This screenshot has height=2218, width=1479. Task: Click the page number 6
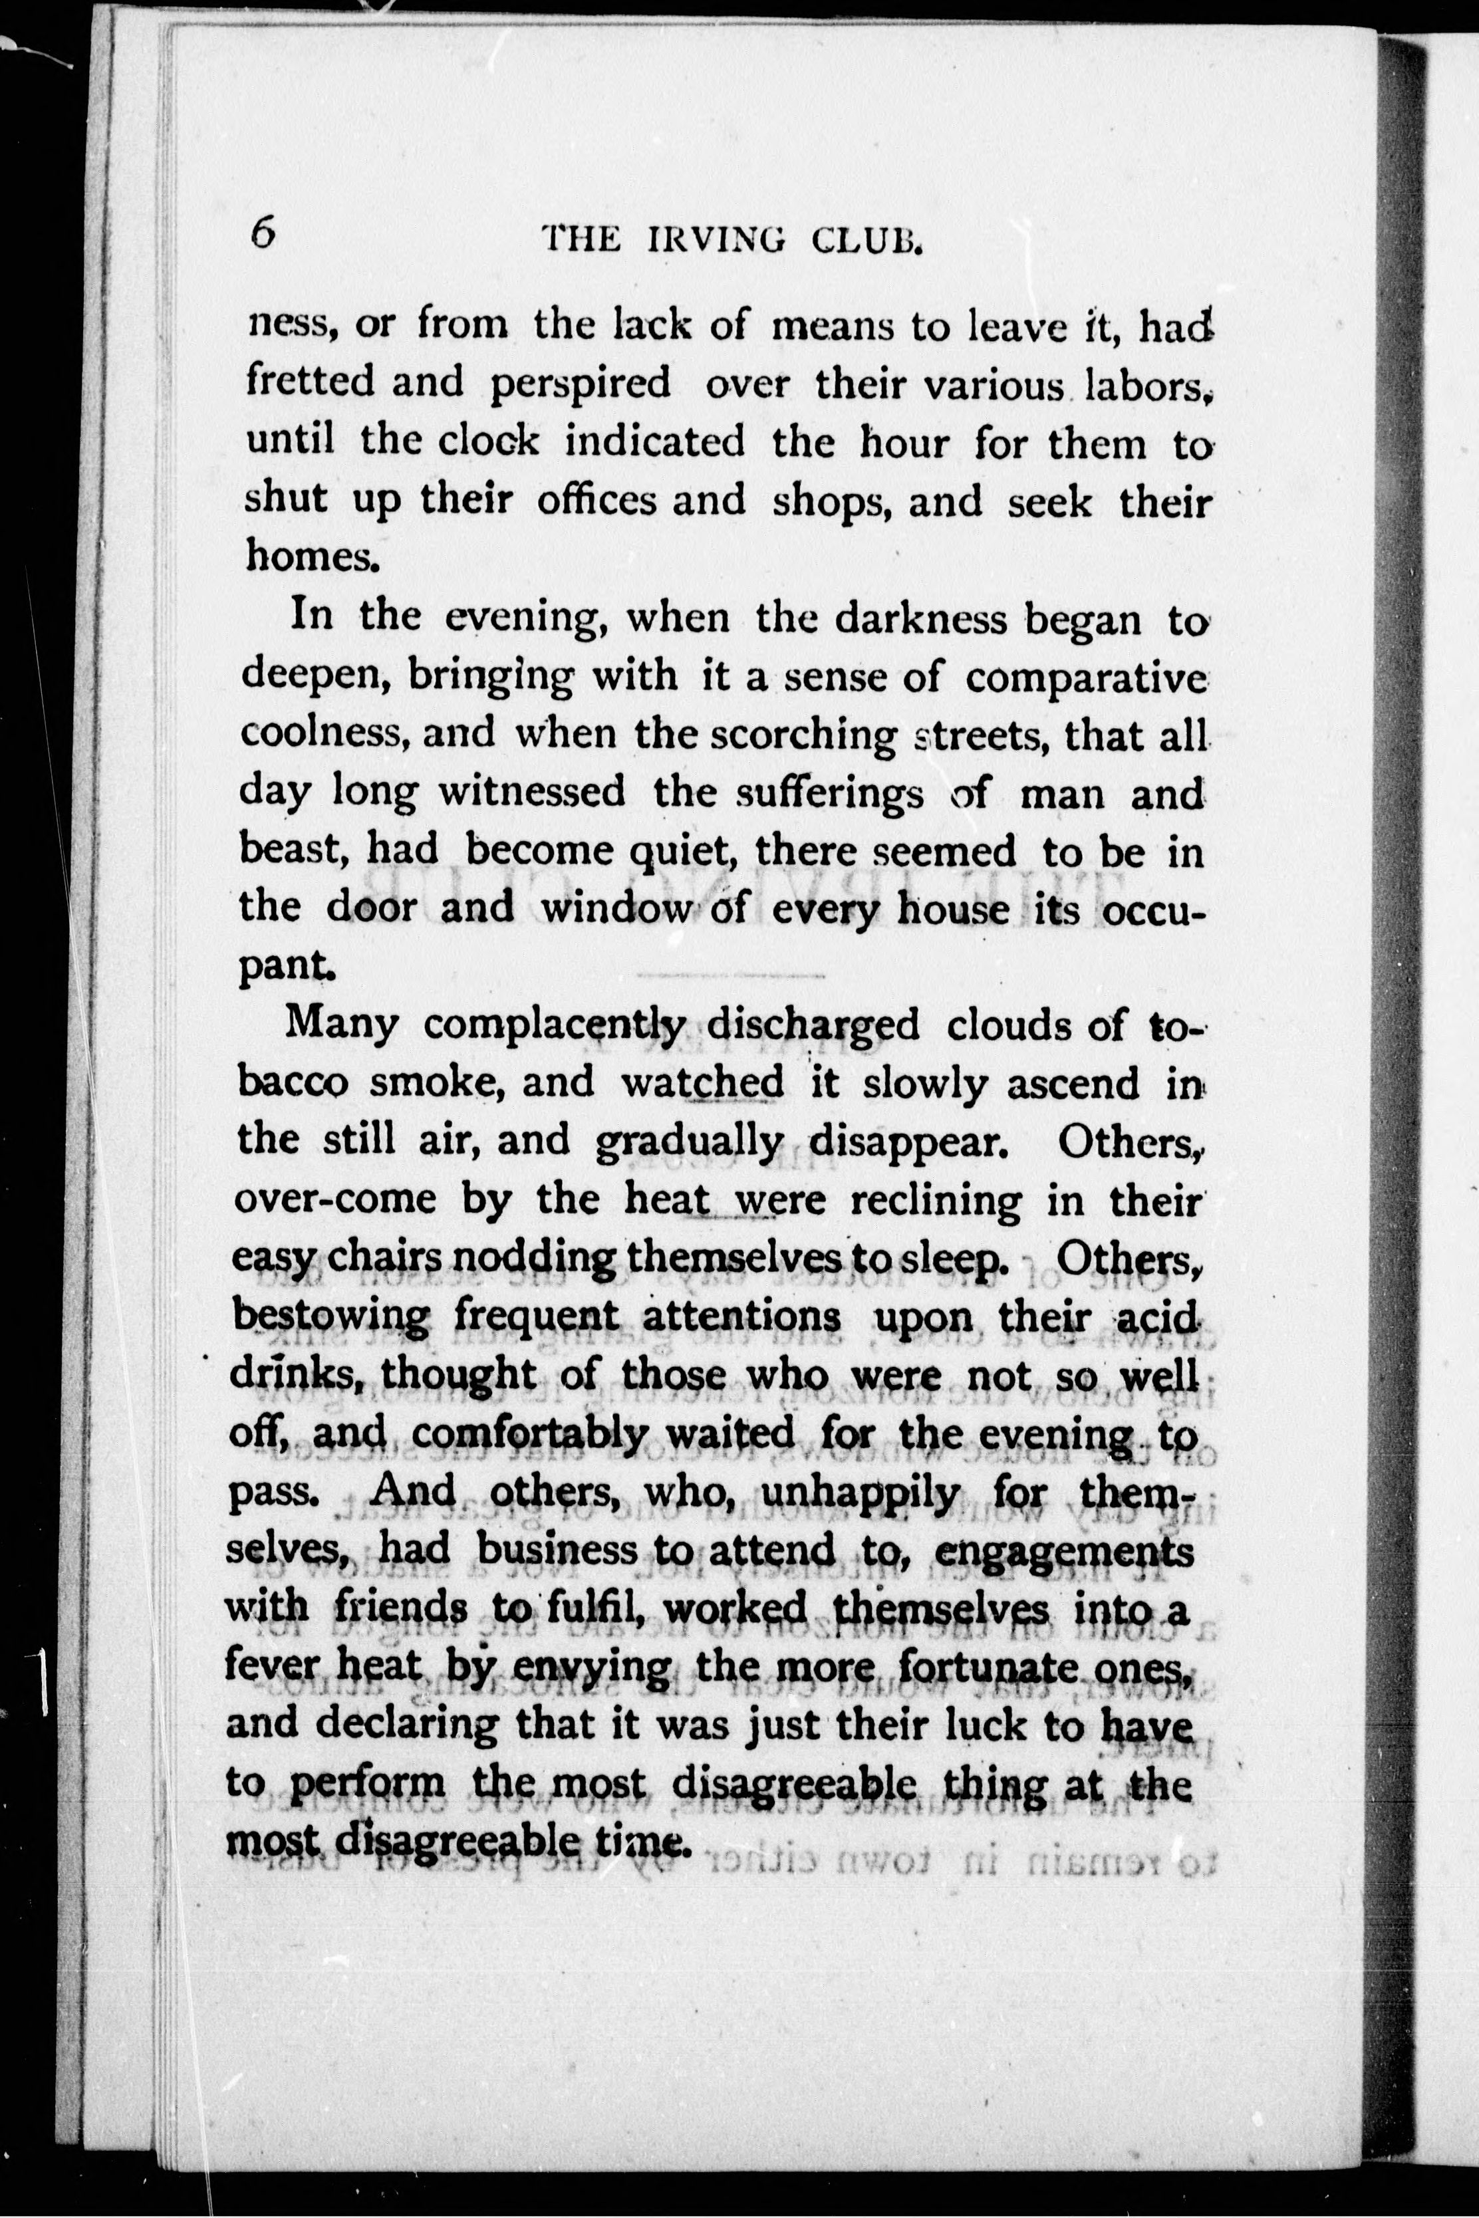(262, 231)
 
